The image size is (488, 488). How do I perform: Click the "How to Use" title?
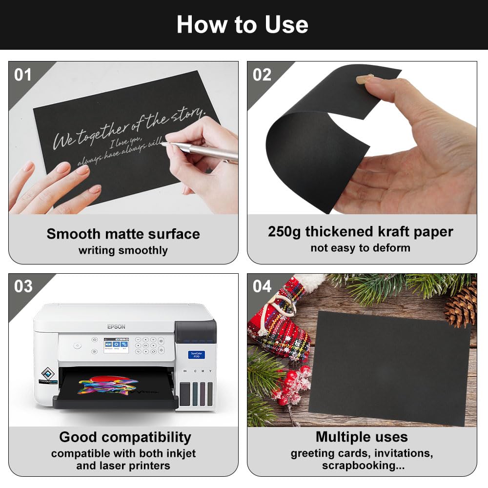pyautogui.click(x=243, y=24)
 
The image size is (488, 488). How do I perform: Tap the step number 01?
pyautogui.click(x=23, y=75)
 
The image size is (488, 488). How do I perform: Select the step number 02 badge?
pyautogui.click(x=262, y=75)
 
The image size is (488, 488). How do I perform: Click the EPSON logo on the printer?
pyautogui.click(x=116, y=326)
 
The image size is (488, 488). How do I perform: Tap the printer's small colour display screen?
pyautogui.click(x=114, y=345)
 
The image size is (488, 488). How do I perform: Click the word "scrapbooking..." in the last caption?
pyautogui.click(x=363, y=466)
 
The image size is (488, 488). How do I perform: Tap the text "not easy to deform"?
pyautogui.click(x=360, y=248)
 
